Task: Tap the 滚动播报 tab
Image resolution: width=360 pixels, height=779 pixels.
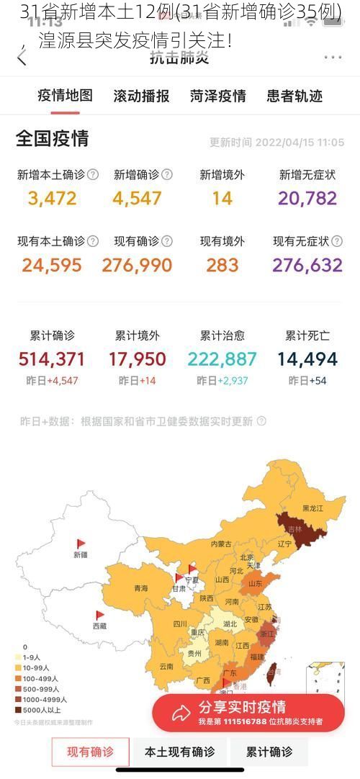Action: pyautogui.click(x=141, y=96)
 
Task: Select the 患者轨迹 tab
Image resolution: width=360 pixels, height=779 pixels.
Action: pyautogui.click(x=294, y=96)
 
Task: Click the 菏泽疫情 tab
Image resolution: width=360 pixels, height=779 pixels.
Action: pyautogui.click(x=218, y=96)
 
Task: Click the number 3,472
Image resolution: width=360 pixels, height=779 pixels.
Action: pyautogui.click(x=52, y=198)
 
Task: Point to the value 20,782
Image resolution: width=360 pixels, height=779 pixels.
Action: pyautogui.click(x=307, y=198)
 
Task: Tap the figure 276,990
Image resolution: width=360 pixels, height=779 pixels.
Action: pyautogui.click(x=137, y=265)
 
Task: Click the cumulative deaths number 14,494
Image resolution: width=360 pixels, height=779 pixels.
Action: pyautogui.click(x=307, y=359)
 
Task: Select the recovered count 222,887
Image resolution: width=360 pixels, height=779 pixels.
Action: pyautogui.click(x=222, y=359)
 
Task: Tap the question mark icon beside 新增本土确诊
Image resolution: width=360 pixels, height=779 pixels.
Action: pyautogui.click(x=93, y=175)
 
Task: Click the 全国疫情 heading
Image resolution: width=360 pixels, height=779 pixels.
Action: pyautogui.click(x=53, y=139)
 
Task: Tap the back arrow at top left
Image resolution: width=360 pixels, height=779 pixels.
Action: pyautogui.click(x=22, y=58)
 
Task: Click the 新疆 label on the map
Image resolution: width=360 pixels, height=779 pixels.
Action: pyautogui.click(x=80, y=554)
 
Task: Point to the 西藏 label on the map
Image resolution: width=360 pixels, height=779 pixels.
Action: pyautogui.click(x=99, y=626)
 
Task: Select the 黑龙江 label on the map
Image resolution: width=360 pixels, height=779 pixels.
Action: pyautogui.click(x=312, y=508)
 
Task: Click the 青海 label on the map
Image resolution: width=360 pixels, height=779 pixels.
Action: pyautogui.click(x=140, y=588)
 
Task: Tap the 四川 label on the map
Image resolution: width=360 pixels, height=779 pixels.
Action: pyautogui.click(x=179, y=623)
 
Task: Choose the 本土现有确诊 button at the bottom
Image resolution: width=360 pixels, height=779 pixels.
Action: pyautogui.click(x=179, y=752)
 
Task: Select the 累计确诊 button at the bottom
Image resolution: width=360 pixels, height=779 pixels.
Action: pyautogui.click(x=269, y=752)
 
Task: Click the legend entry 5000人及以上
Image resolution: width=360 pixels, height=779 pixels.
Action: pyautogui.click(x=40, y=709)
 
